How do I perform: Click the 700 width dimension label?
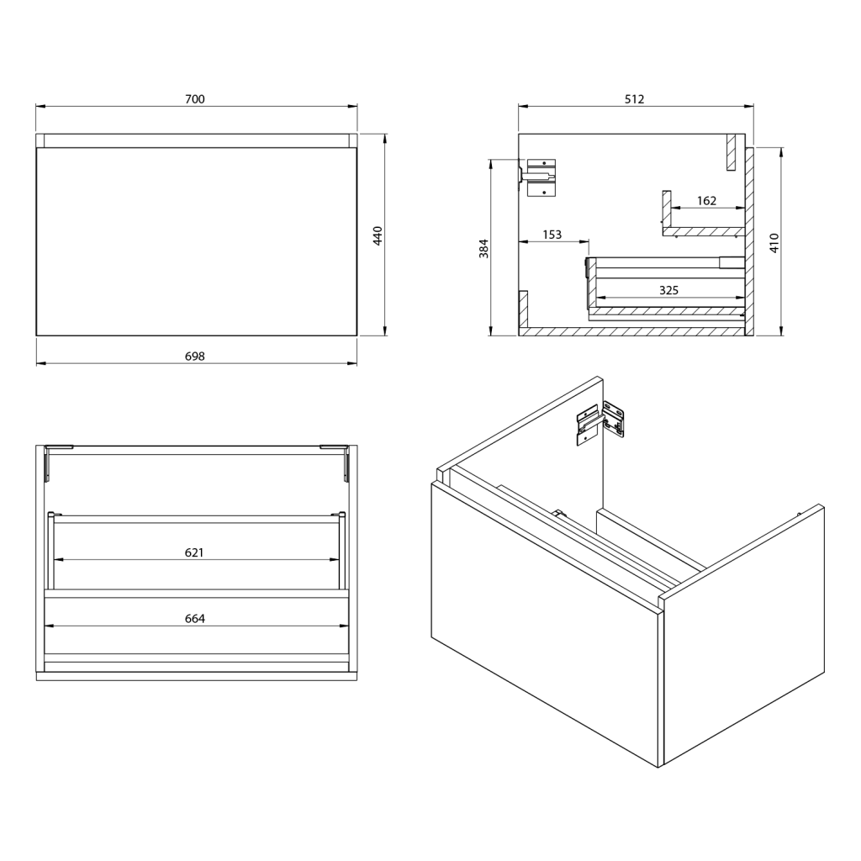pyautogui.click(x=195, y=99)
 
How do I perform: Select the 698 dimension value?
pyautogui.click(x=195, y=357)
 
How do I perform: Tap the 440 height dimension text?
pyautogui.click(x=378, y=235)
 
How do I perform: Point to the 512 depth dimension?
pyautogui.click(x=634, y=99)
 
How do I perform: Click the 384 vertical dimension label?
pyautogui.click(x=483, y=248)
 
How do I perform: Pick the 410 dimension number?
pyautogui.click(x=774, y=242)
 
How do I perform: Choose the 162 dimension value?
pyautogui.click(x=706, y=201)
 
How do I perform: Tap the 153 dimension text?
pyautogui.click(x=552, y=235)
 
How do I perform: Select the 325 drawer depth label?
pyautogui.click(x=668, y=290)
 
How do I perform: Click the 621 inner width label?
pyautogui.click(x=194, y=552)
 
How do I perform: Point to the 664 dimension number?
pyautogui.click(x=195, y=619)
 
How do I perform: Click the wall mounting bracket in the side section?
pyautogui.click(x=538, y=177)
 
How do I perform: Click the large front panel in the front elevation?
pyautogui.click(x=197, y=241)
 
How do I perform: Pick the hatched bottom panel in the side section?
pyautogui.click(x=632, y=331)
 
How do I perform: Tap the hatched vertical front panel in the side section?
pyautogui.click(x=749, y=241)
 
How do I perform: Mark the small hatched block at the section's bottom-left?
pyautogui.click(x=523, y=309)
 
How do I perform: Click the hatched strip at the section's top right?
pyautogui.click(x=731, y=152)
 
